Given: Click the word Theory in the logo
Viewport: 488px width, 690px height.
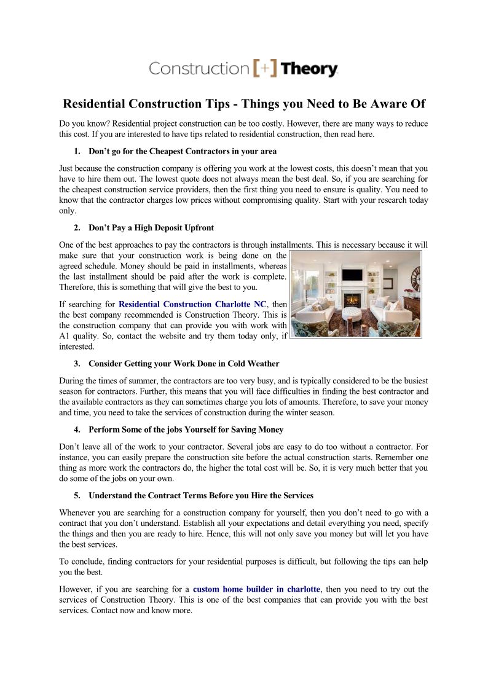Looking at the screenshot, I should [x=310, y=69].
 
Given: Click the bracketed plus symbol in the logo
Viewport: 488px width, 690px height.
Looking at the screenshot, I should [x=265, y=68].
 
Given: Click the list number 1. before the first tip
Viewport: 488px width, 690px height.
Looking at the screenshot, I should [x=77, y=151].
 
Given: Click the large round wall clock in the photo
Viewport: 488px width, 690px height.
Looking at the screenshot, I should [x=417, y=278].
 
